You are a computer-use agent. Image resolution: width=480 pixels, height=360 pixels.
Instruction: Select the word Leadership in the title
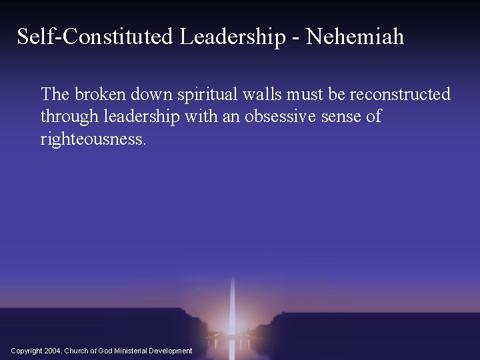[x=235, y=37]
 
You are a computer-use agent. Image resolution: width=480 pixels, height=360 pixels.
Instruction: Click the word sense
[x=340, y=117]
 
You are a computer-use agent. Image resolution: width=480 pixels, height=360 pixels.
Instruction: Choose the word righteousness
[x=92, y=139]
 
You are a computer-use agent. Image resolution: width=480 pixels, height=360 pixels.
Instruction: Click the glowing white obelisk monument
[x=231, y=300]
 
